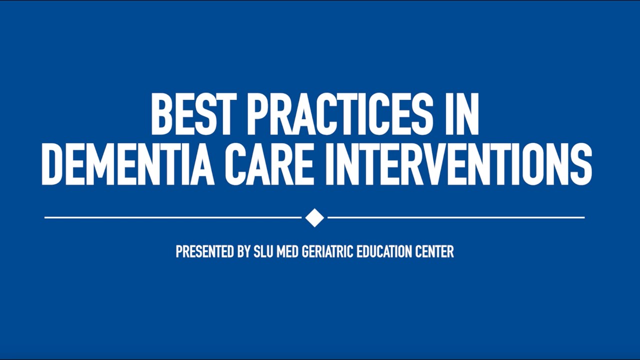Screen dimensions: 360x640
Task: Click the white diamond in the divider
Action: point(314,217)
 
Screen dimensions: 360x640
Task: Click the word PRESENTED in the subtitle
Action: point(205,251)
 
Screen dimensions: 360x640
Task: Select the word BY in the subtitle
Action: point(243,251)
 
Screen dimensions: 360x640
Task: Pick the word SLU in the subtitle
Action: point(264,251)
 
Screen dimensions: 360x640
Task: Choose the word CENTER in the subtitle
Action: point(435,251)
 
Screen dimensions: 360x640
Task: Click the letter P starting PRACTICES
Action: point(257,115)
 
